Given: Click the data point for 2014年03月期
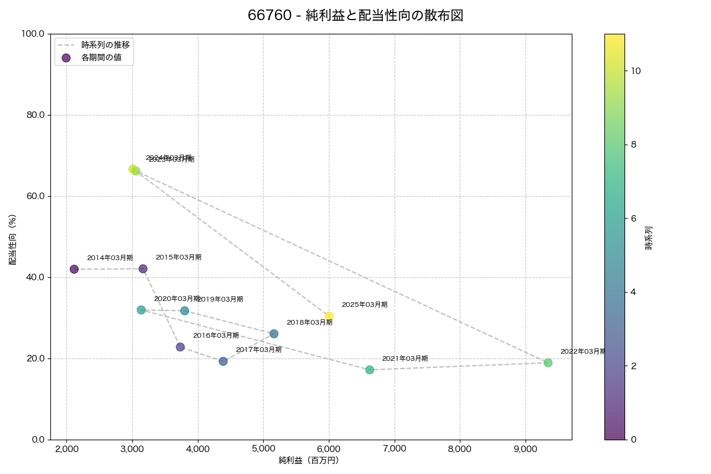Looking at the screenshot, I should [x=74, y=269].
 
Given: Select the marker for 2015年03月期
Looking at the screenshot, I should [x=143, y=269].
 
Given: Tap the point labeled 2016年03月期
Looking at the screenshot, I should [x=180, y=347].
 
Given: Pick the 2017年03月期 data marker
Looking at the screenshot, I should [x=223, y=361].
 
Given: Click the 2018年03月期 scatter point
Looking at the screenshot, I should [x=274, y=334].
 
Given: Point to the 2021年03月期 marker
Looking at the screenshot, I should [x=370, y=370].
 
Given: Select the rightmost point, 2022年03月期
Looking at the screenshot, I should [x=548, y=363].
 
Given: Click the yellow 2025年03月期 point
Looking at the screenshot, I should [x=329, y=316].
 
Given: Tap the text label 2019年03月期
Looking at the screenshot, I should [x=220, y=300].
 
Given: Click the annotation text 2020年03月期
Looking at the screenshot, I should [x=177, y=299].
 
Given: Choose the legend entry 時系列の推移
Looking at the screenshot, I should [x=105, y=44].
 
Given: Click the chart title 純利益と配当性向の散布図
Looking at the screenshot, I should [x=355, y=16].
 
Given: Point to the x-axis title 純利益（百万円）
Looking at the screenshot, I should [x=309, y=460].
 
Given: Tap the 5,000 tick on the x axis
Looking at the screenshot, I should [x=263, y=449].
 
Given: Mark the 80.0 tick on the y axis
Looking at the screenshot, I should [x=33, y=115].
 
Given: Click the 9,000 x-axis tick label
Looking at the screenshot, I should [x=526, y=449].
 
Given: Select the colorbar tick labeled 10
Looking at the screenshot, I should [x=636, y=71].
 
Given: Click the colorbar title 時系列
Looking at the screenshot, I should [x=649, y=236].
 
